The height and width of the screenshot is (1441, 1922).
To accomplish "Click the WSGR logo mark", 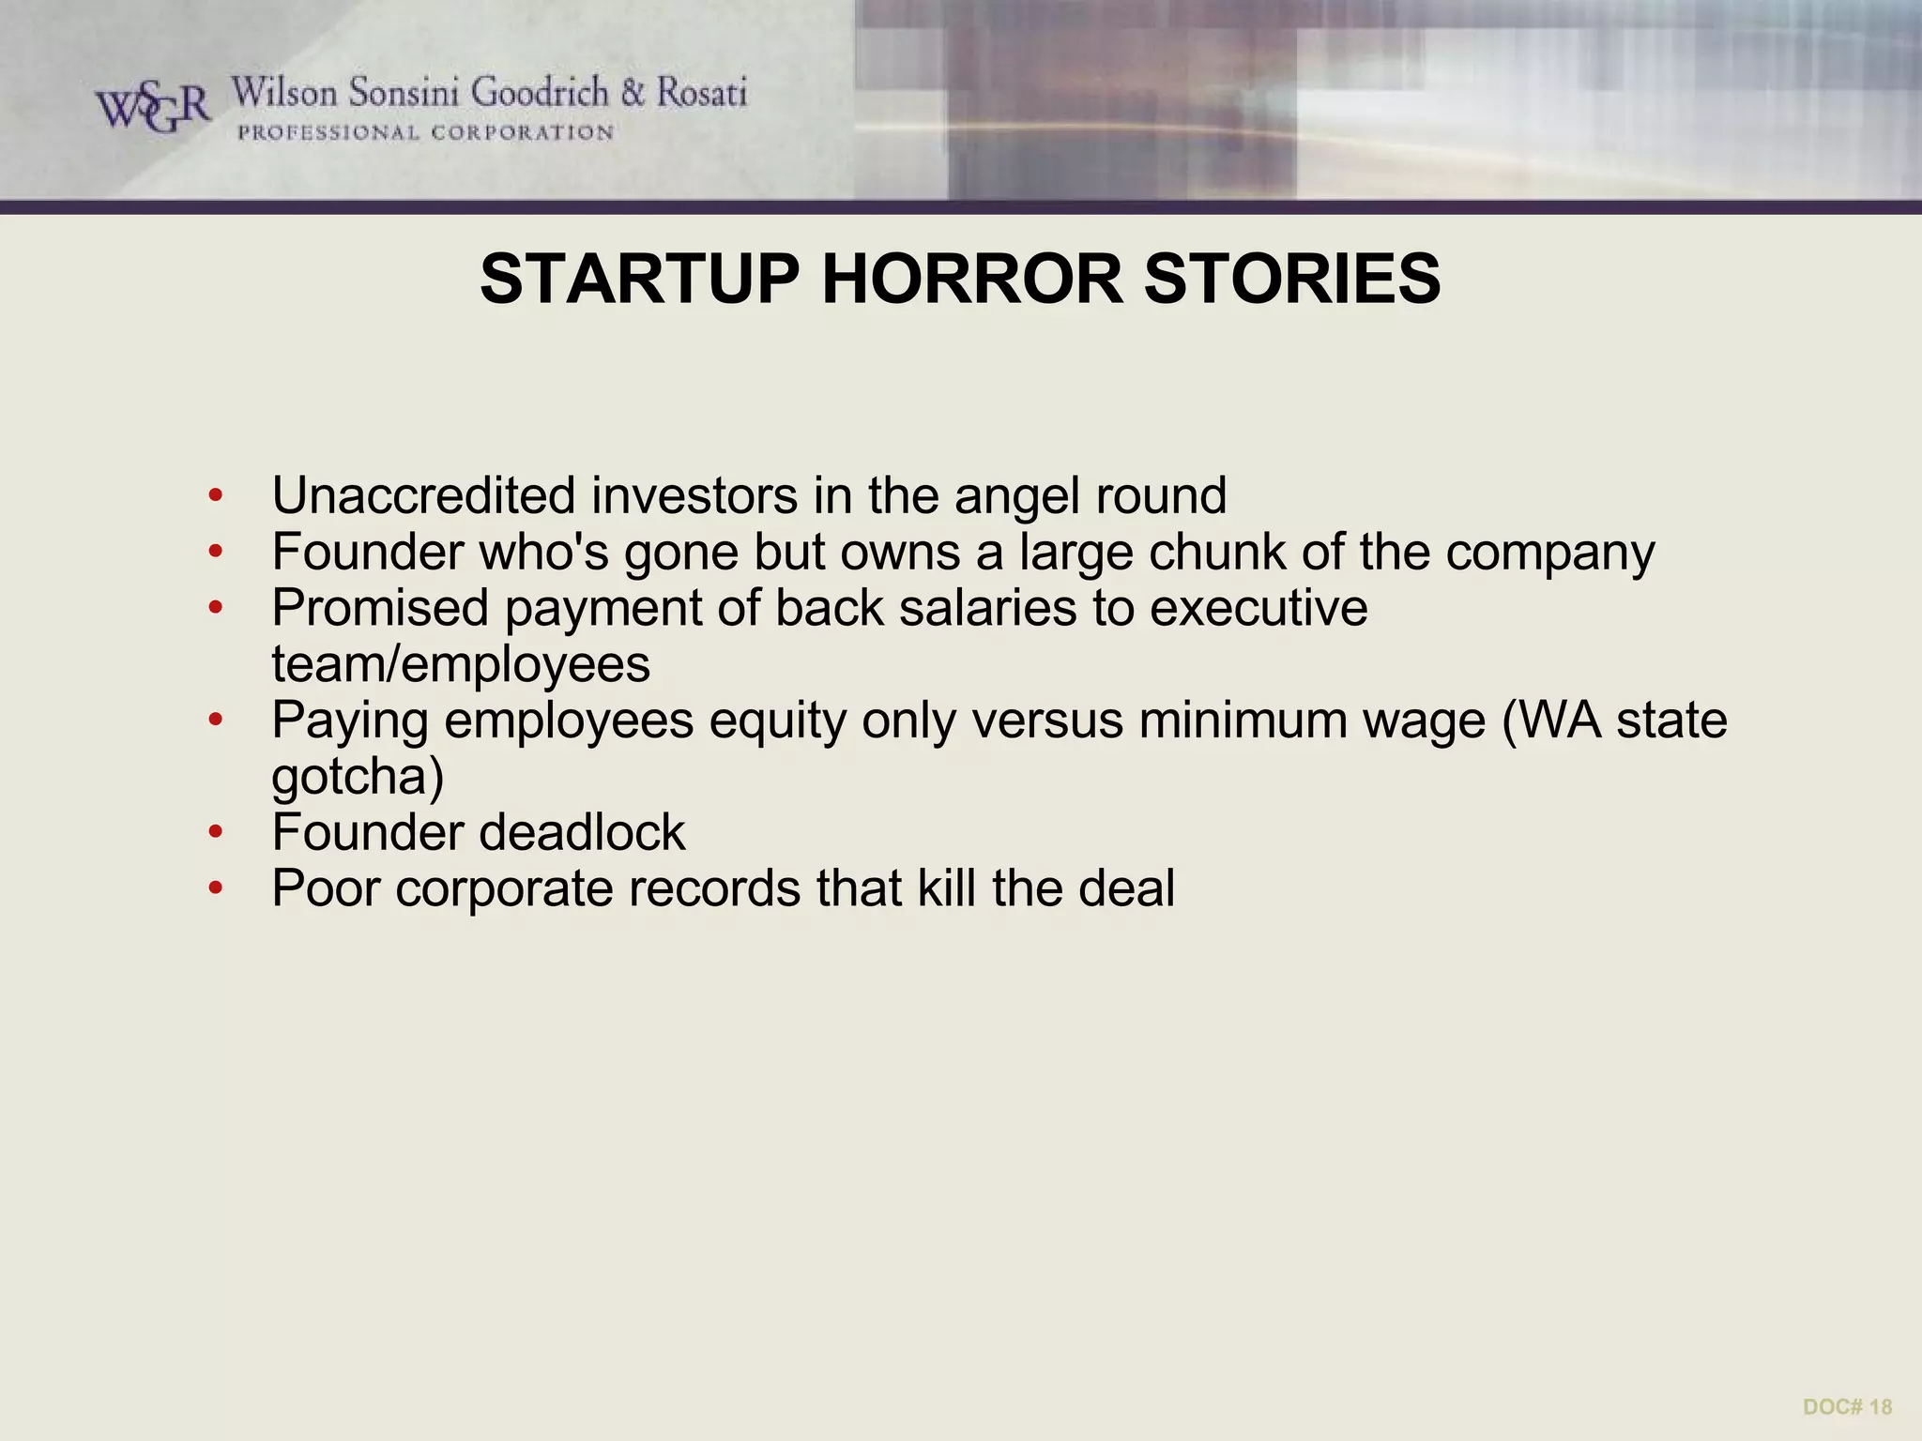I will click(x=153, y=108).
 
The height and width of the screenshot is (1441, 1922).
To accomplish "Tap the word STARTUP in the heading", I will click(x=639, y=279).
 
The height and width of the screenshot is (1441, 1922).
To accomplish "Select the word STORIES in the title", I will click(x=1291, y=279).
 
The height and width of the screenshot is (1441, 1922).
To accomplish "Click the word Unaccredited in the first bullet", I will click(x=422, y=495).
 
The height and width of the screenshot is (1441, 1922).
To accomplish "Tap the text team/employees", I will click(x=461, y=665).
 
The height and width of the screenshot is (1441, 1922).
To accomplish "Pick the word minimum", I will click(x=1234, y=720).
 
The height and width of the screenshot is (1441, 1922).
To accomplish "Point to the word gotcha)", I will click(x=358, y=778).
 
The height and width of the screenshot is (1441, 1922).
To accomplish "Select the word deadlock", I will click(x=582, y=832).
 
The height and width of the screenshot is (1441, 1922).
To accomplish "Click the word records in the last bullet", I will click(x=714, y=888).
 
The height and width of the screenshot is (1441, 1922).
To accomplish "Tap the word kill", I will click(x=946, y=888).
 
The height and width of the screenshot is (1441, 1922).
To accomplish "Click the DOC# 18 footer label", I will click(x=1847, y=1406).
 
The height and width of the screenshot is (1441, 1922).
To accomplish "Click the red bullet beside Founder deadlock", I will click(x=216, y=832).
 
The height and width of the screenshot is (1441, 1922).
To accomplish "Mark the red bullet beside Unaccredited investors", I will click(x=216, y=495).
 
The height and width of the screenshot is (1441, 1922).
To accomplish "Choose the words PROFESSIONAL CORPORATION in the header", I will click(x=425, y=133).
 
